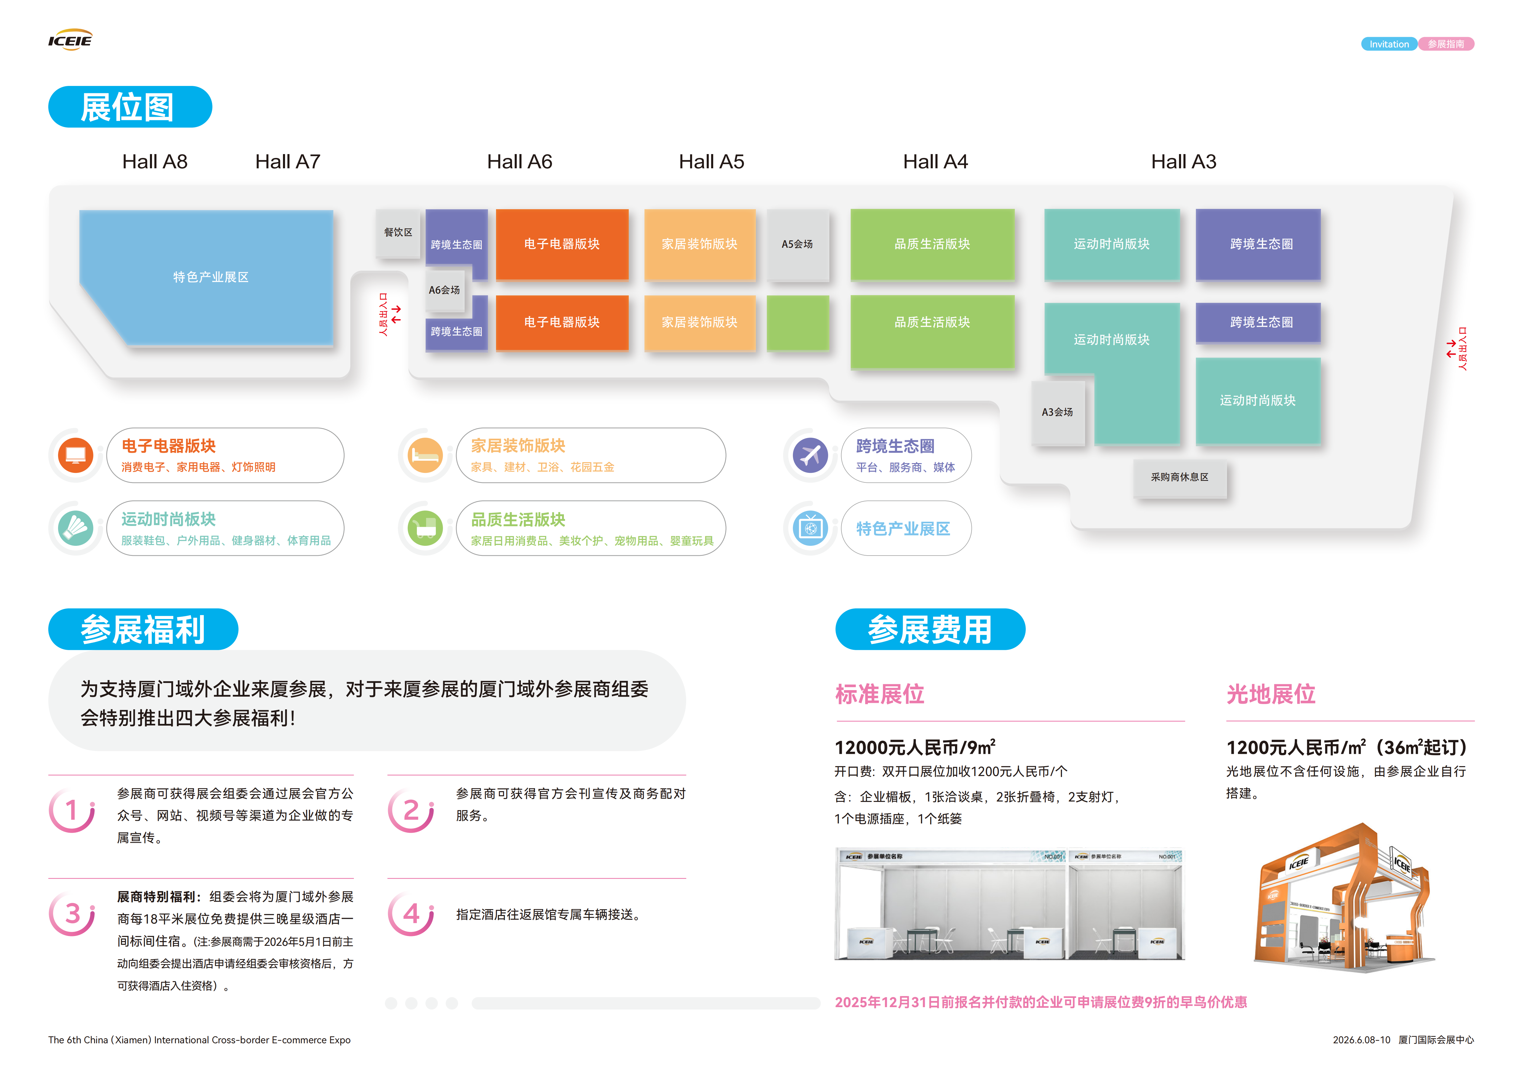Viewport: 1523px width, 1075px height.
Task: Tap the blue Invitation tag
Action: [1388, 44]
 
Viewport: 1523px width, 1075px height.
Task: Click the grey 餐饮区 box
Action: [398, 232]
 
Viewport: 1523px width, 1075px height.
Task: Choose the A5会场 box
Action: [797, 244]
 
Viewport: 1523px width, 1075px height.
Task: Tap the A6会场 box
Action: [444, 290]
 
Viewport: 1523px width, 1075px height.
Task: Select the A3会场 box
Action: [1057, 412]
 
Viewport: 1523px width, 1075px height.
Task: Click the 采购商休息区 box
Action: [1179, 477]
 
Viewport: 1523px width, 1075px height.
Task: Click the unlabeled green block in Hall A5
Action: [797, 322]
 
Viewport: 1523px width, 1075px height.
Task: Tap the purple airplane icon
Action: [810, 456]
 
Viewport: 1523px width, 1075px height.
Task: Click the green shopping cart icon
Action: [425, 529]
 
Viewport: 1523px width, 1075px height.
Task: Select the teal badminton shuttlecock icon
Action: [76, 529]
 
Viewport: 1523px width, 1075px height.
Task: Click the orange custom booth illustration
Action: [1343, 899]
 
